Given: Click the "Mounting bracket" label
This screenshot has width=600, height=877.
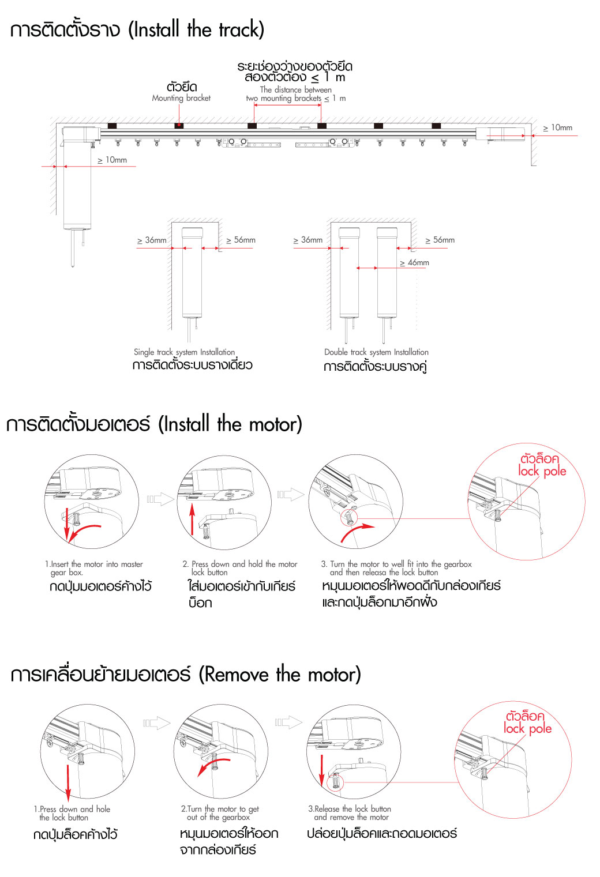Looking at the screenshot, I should (181, 98).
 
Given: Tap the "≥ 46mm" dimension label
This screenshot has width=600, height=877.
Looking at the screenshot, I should (415, 262).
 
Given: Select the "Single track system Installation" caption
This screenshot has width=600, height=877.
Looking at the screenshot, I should (184, 352).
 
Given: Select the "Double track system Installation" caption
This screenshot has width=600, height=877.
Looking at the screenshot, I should (376, 352).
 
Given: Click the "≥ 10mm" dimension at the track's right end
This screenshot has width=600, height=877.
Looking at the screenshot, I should (558, 127).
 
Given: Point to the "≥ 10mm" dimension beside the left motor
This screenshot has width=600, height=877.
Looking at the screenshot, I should (112, 160).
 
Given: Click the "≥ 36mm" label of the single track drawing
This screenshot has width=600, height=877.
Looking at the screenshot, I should (152, 240).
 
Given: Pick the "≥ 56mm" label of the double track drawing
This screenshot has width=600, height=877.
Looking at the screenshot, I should (440, 240).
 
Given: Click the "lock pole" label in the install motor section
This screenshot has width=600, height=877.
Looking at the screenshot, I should (542, 471).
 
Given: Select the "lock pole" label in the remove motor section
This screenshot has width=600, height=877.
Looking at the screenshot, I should (527, 728).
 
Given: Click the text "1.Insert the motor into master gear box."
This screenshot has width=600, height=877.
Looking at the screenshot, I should (93, 568).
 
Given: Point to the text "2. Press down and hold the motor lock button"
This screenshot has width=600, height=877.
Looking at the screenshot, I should (239, 568).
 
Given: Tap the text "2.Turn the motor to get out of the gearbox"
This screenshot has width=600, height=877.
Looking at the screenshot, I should (220, 813).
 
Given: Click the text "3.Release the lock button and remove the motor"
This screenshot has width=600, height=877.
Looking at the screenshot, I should (350, 813).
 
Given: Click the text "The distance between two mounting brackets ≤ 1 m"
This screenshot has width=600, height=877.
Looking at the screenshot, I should (296, 94).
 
